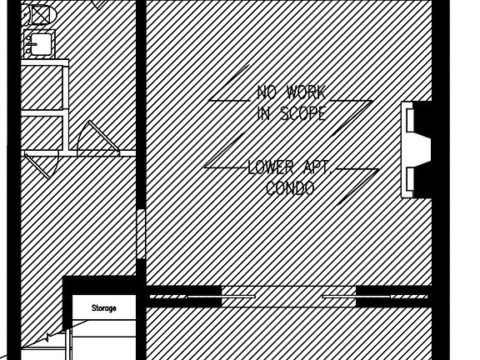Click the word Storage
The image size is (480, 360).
(104, 308)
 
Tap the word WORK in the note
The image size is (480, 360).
(306, 92)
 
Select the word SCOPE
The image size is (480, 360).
(303, 113)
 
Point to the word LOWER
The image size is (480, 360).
(270, 167)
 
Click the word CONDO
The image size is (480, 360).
(290, 188)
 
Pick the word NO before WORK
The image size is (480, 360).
(267, 92)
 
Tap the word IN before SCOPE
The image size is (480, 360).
(263, 113)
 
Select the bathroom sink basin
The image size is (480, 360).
(41, 45)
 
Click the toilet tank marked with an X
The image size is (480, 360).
(40, 15)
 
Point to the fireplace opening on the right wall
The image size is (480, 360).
(419, 150)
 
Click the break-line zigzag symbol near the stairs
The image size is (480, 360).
(47, 338)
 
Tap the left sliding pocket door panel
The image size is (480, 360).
(221, 297)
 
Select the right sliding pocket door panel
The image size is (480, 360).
(357, 297)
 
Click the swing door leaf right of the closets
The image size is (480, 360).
(104, 136)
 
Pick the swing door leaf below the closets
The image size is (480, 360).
(37, 167)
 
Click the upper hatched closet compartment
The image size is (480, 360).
(42, 87)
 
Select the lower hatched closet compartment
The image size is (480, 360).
(42, 133)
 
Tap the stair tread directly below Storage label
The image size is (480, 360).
(104, 328)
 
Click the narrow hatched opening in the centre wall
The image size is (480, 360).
(141, 234)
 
